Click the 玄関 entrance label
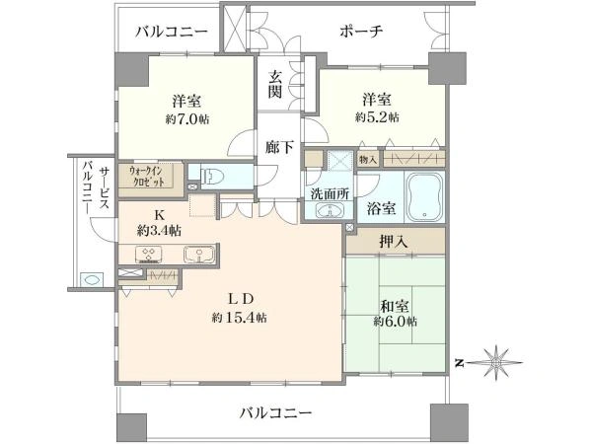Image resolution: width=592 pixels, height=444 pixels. tap(275, 85)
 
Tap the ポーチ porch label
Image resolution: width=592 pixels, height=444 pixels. tap(361, 31)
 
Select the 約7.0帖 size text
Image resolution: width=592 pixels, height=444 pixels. tap(186, 119)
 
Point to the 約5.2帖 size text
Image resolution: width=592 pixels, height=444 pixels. tap(377, 117)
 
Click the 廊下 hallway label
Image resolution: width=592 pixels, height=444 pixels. tap(279, 147)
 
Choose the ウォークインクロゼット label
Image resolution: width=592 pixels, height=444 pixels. tap(147, 176)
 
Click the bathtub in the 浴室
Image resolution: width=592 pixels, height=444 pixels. tap(424, 198)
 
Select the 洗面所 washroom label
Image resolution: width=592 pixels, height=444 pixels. tap(330, 193)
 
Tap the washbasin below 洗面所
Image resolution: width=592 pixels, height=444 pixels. tap(330, 210)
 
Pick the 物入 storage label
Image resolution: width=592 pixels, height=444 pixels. tap(368, 159)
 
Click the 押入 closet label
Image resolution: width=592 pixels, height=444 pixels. tap(394, 242)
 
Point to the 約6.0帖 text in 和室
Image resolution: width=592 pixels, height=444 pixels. tap(396, 322)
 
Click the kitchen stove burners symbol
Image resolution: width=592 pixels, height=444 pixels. tap(149, 255)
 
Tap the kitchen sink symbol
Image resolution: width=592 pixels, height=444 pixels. tap(199, 255)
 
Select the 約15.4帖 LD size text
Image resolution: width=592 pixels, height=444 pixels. tap(239, 319)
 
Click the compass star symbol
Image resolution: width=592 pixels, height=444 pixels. tap(495, 363)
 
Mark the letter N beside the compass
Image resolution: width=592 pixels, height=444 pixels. tap(460, 363)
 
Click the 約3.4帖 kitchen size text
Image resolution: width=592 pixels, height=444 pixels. tap(159, 230)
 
